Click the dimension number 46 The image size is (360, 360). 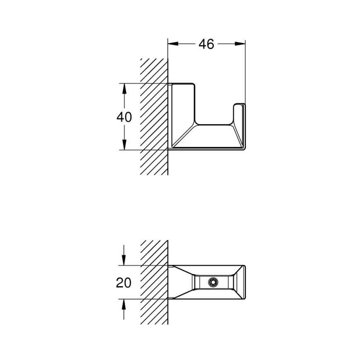[206, 44]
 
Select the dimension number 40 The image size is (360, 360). [124, 117]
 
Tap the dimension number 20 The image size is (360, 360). [124, 283]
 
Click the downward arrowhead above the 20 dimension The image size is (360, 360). [124, 261]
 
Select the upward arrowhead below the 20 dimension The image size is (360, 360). [124, 303]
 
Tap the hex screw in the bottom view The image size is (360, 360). [213, 282]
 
